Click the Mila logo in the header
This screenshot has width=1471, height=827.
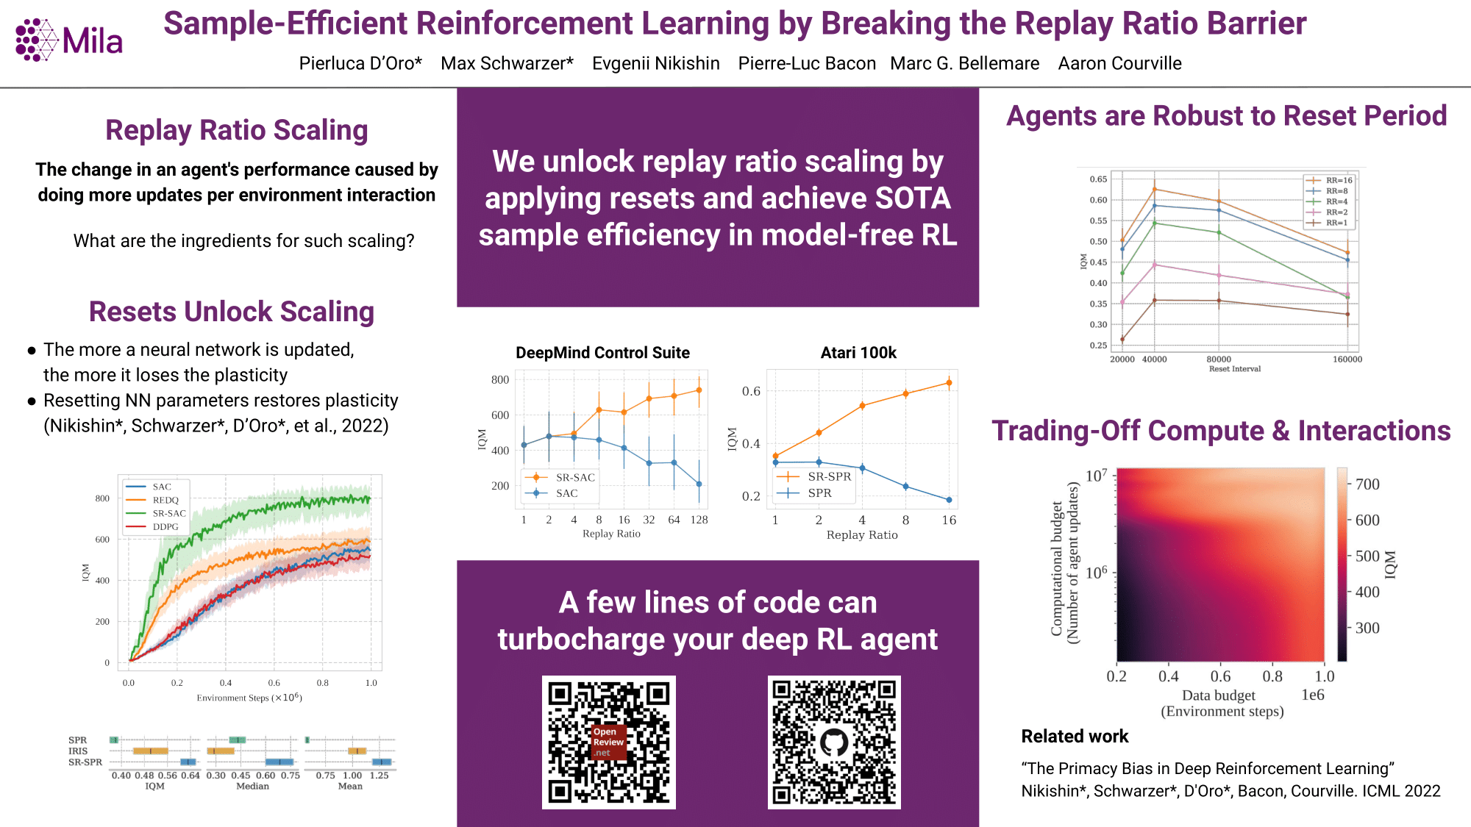[69, 40]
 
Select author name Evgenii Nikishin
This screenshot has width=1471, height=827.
[656, 63]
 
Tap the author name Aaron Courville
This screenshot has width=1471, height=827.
[1119, 63]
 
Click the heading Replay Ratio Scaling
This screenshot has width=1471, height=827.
[236, 130]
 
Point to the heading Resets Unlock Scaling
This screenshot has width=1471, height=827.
[232, 312]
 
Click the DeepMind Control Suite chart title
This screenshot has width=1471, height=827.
[602, 353]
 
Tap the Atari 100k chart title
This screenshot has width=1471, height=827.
[858, 353]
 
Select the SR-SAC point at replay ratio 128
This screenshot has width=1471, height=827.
[699, 390]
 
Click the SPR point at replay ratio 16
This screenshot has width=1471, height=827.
[949, 500]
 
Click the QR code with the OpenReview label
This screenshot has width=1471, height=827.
[609, 742]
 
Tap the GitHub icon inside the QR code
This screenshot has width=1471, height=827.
[834, 742]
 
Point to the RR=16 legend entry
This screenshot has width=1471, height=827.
[1329, 180]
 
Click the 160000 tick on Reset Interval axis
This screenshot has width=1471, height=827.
[1347, 359]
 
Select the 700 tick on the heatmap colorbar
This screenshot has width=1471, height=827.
[1367, 484]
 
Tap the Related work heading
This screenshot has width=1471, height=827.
[1075, 737]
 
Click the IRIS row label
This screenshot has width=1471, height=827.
[78, 751]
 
